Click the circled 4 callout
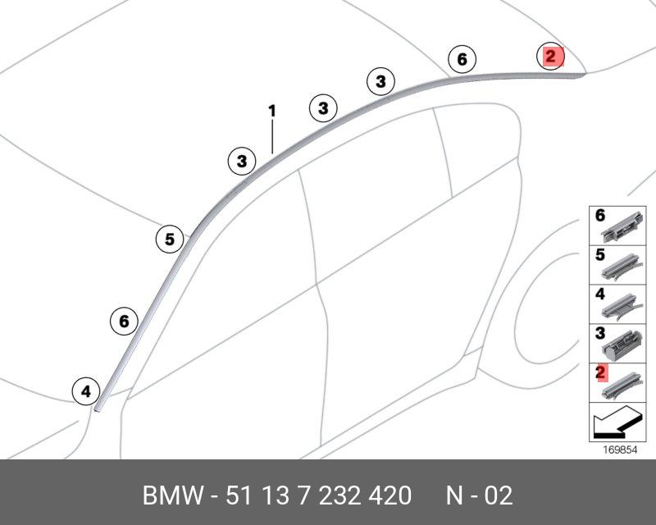pyautogui.click(x=86, y=391)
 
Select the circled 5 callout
pyautogui.click(x=170, y=240)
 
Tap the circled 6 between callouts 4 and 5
pyautogui.click(x=124, y=321)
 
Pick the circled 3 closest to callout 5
pyautogui.click(x=241, y=162)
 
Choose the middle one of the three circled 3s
pyautogui.click(x=323, y=108)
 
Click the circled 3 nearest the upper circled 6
pyautogui.click(x=380, y=81)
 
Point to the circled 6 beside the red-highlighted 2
pyautogui.click(x=462, y=59)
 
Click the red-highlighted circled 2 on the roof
pyautogui.click(x=550, y=57)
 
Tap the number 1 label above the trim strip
pyautogui.click(x=272, y=111)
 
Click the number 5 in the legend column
pyautogui.click(x=600, y=255)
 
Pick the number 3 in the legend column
pyautogui.click(x=600, y=334)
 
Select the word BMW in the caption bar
pyautogui.click(x=171, y=495)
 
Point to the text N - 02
pyautogui.click(x=479, y=495)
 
